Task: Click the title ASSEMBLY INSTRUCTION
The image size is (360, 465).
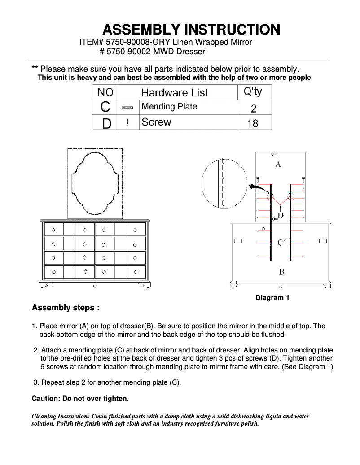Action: (x=191, y=30)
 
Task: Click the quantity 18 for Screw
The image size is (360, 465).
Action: (x=253, y=123)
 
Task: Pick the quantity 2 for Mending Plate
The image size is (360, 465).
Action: (x=253, y=108)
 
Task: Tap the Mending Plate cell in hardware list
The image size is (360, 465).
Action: (x=169, y=107)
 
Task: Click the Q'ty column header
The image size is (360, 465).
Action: (x=252, y=92)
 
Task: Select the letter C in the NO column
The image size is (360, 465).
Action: (x=105, y=107)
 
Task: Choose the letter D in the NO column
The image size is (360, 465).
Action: (x=106, y=123)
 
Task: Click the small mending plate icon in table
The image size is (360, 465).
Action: (x=127, y=108)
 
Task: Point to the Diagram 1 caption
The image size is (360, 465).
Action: (x=272, y=298)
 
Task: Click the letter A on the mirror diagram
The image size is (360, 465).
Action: (x=278, y=165)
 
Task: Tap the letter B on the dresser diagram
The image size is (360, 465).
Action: (x=281, y=272)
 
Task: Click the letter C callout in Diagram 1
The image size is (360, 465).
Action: (x=280, y=243)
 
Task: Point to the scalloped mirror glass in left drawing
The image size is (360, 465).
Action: (x=95, y=183)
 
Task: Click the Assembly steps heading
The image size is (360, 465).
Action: (x=66, y=308)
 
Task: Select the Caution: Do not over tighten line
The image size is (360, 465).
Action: (x=80, y=398)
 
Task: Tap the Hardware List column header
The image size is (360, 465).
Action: (x=174, y=93)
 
